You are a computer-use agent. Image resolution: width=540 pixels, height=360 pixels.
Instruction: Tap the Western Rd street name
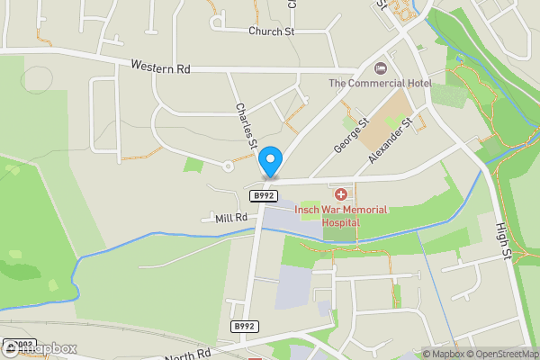click(x=160, y=66)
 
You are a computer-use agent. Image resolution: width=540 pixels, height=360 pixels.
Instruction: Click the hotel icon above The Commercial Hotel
click(x=381, y=68)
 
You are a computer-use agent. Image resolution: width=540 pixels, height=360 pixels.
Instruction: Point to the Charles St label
click(x=246, y=125)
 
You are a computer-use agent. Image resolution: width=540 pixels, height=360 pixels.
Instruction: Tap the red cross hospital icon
click(x=341, y=194)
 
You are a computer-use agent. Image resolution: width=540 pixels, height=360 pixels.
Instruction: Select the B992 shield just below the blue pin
click(x=263, y=195)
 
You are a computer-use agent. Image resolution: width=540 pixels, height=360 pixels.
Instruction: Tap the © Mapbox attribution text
click(x=443, y=354)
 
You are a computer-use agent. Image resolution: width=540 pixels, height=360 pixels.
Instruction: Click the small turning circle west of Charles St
click(x=227, y=166)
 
